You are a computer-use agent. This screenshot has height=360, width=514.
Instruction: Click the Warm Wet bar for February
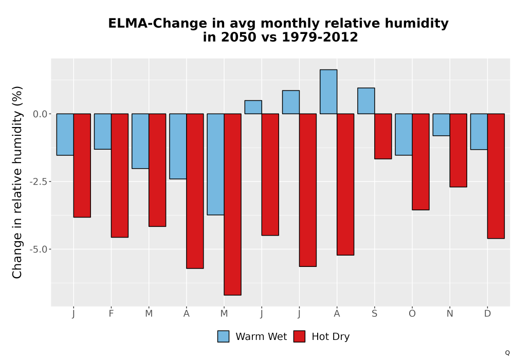click(x=103, y=132)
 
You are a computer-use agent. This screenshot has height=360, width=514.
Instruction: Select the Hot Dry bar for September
click(x=383, y=136)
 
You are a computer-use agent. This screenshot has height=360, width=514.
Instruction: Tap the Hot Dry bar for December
click(x=495, y=176)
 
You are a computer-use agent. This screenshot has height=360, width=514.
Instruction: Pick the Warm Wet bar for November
click(x=441, y=124)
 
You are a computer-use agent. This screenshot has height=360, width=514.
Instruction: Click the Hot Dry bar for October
click(x=420, y=161)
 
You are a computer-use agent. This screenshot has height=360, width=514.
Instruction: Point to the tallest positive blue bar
click(x=328, y=92)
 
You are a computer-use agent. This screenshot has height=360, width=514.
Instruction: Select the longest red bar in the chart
click(x=232, y=204)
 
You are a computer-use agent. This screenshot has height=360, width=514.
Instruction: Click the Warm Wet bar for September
click(x=366, y=101)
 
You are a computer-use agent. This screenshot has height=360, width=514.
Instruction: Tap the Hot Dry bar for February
click(x=120, y=175)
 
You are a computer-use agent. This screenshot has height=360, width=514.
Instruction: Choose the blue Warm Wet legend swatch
click(x=223, y=336)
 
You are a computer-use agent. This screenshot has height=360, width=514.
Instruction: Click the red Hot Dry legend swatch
click(x=299, y=336)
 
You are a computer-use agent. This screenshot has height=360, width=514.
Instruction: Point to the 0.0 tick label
click(x=40, y=114)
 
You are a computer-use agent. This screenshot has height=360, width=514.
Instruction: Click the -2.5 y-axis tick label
click(x=39, y=182)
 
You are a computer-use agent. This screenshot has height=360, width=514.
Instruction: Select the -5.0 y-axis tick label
click(x=39, y=249)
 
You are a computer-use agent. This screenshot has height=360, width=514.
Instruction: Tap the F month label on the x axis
click(x=111, y=314)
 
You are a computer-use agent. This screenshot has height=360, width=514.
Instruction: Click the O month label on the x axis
click(x=412, y=314)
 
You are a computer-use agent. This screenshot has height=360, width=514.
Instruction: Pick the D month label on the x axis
click(x=487, y=314)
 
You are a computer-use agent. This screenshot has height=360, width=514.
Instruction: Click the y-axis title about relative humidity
click(x=17, y=182)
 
